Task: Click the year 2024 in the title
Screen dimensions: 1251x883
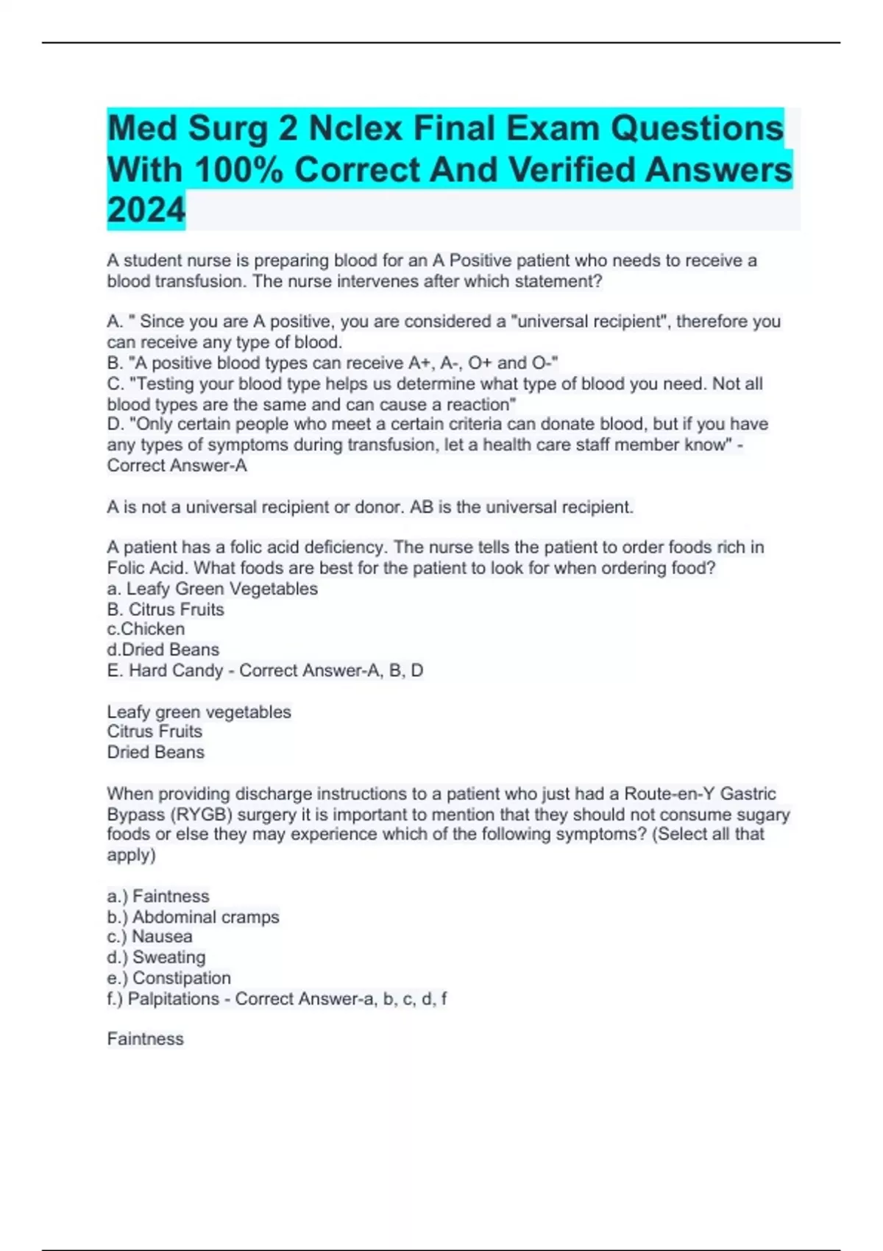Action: tap(146, 210)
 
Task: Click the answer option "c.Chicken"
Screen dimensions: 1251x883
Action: tap(146, 629)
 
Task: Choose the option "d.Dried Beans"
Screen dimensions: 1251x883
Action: tap(163, 650)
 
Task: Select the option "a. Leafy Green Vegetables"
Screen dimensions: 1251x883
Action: tap(212, 589)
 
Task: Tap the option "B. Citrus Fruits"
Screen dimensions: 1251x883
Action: tap(166, 609)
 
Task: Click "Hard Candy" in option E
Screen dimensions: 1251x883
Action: tap(176, 670)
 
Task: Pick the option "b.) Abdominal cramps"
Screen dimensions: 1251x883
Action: tap(193, 917)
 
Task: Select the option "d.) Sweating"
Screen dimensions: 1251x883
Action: tap(156, 957)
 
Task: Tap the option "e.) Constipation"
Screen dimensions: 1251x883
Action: tap(169, 978)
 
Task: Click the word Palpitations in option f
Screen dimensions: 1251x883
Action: tap(174, 999)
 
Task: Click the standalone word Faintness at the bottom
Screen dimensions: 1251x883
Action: tap(145, 1039)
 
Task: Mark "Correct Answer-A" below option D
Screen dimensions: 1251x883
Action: tap(177, 466)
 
